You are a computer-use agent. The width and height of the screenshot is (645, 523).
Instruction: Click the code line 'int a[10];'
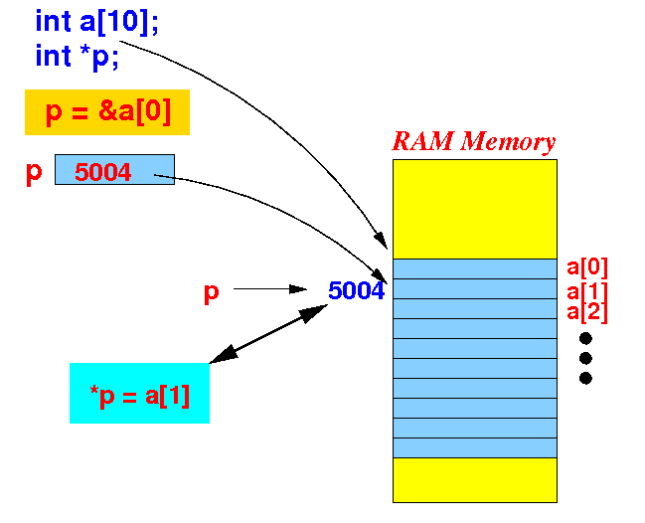point(96,22)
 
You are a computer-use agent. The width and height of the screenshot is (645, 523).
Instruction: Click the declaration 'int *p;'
point(77,57)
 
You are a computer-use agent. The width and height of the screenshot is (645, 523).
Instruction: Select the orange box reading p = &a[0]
point(107,112)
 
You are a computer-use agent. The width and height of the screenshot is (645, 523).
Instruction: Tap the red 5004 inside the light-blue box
point(102,172)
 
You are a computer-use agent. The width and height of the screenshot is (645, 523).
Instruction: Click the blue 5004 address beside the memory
point(356,290)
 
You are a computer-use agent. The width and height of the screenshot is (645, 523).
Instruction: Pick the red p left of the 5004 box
point(34,173)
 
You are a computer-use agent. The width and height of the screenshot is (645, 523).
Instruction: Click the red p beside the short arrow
point(212,293)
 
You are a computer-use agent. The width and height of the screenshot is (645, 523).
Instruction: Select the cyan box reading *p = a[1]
point(139,393)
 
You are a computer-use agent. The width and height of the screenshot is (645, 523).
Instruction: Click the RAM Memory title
point(474,141)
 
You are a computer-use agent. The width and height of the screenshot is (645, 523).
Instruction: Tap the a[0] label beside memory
point(587,267)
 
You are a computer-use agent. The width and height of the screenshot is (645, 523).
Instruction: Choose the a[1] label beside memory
point(587,292)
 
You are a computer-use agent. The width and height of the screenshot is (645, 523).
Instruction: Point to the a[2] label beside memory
point(587,313)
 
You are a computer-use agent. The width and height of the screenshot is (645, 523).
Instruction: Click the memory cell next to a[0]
point(475,268)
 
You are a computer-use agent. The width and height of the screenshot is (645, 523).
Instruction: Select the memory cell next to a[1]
point(475,289)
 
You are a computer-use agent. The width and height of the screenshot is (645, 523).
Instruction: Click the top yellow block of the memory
point(475,209)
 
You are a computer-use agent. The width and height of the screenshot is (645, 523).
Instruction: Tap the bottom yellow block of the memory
point(475,480)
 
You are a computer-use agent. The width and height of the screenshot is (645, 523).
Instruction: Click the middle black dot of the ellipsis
point(585,358)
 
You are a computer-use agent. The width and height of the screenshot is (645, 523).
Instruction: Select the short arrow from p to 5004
point(270,289)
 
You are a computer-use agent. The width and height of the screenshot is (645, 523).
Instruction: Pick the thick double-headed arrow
point(268,334)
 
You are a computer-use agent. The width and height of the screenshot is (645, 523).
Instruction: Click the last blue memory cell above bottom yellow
point(475,447)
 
